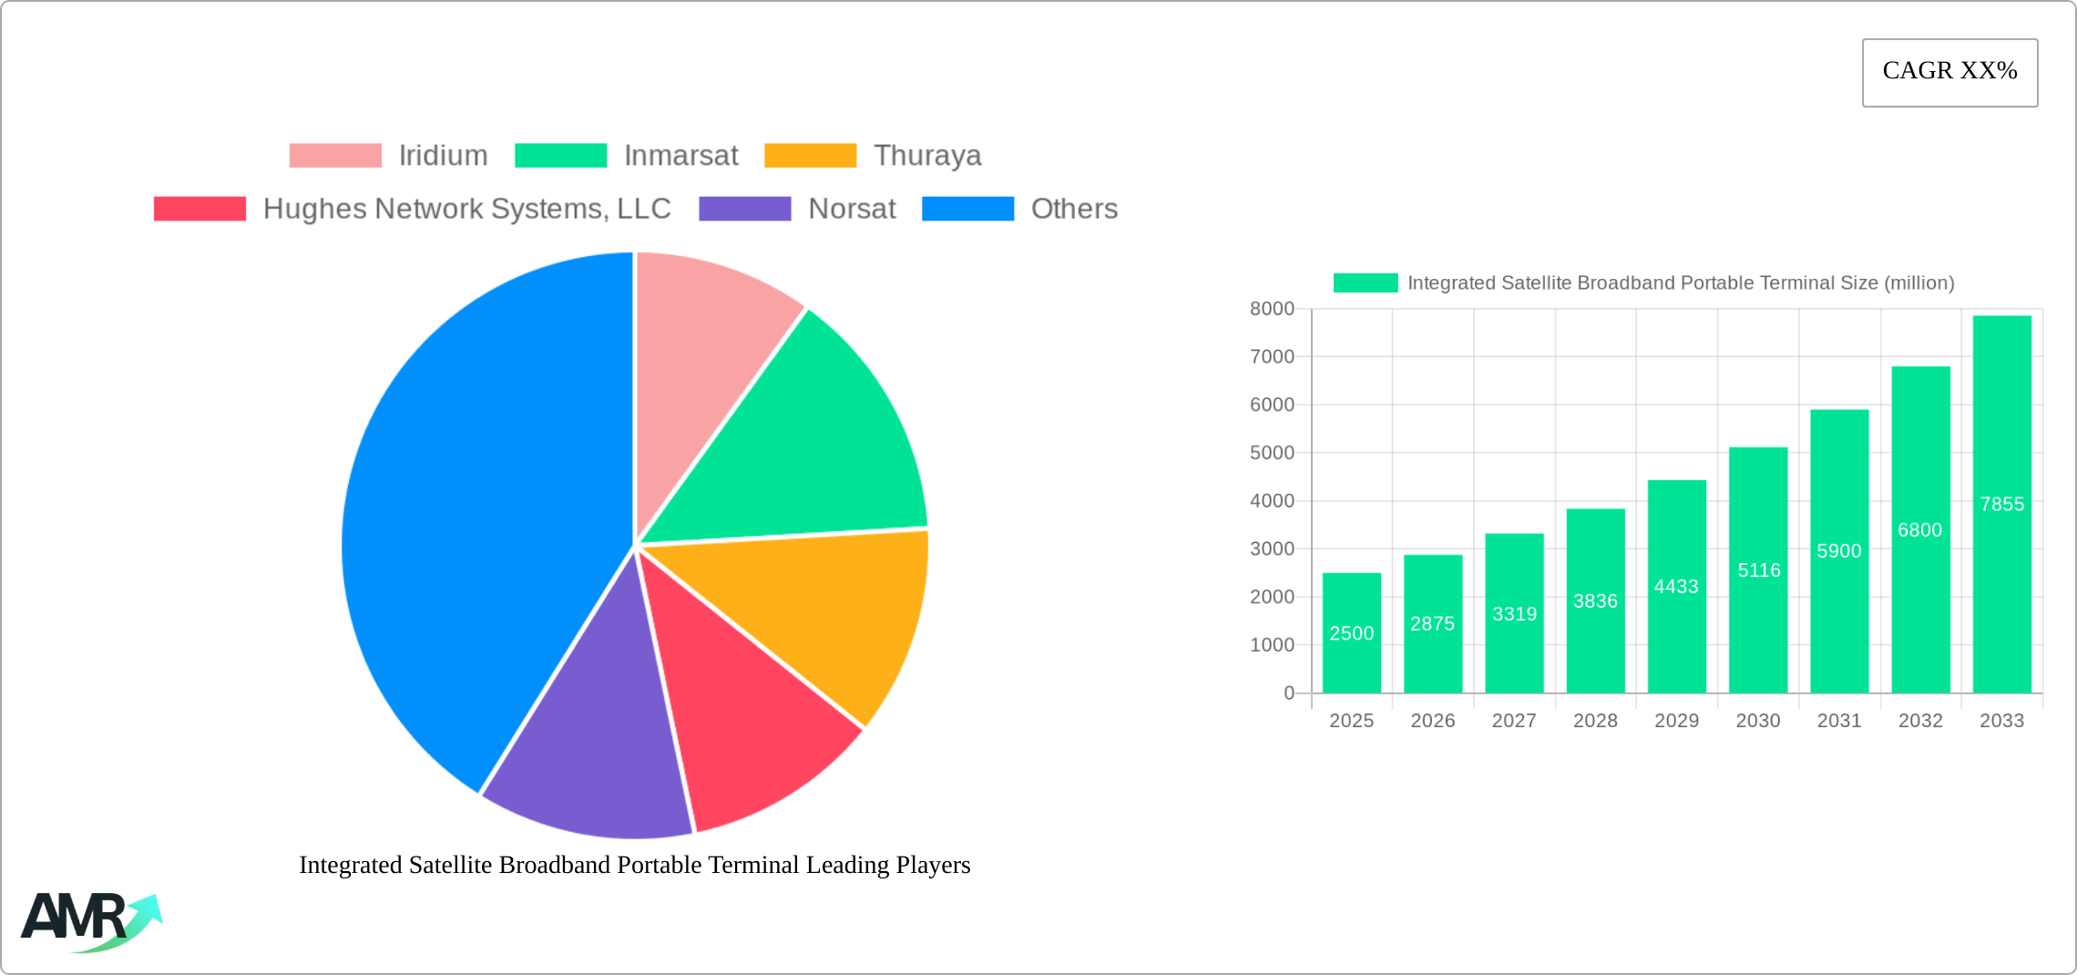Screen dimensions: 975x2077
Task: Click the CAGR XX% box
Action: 1949,72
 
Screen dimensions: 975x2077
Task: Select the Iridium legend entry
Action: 389,156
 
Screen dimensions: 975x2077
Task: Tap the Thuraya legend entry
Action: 873,156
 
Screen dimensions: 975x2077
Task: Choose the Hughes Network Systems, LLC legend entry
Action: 413,209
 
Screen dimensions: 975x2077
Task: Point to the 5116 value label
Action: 1758,570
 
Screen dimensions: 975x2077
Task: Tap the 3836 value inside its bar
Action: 1595,601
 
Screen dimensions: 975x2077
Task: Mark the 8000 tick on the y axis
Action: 1272,309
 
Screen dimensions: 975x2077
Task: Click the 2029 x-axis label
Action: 1676,721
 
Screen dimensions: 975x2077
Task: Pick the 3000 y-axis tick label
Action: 1272,549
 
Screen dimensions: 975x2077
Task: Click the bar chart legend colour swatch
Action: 1365,283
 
